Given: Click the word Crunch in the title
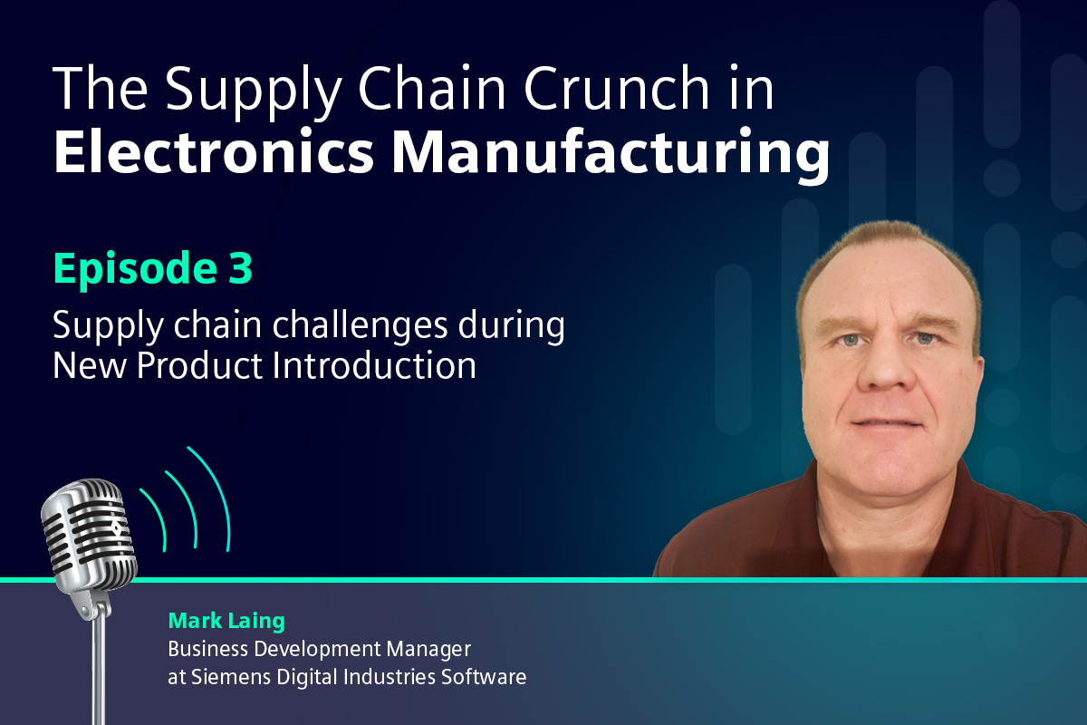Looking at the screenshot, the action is point(616,88).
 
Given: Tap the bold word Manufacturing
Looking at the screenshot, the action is point(611,157).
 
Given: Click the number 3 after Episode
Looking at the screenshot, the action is point(241,267).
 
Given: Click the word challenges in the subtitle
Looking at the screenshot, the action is point(360,326).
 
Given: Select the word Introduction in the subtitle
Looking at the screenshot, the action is point(374,365).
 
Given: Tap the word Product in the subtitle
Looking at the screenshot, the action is point(199,365).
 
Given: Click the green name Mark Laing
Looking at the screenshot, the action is point(226,621).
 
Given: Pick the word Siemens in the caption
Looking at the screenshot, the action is point(230,677).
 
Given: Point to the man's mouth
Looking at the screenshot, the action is point(887,423).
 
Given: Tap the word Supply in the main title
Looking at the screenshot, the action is point(254,92).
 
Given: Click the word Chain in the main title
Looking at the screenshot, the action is point(432,88).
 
